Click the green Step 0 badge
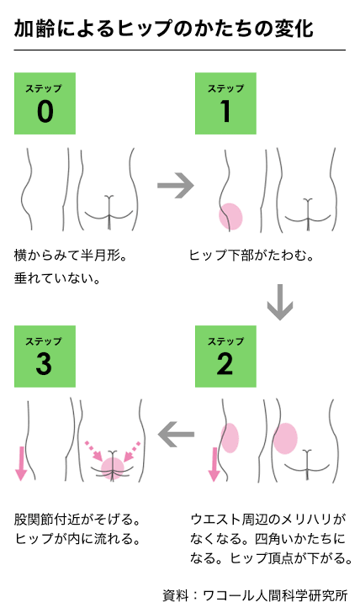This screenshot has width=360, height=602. [45, 103]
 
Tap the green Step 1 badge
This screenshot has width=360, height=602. [225, 103]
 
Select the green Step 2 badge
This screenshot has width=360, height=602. [225, 356]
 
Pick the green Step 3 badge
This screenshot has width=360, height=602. [45, 356]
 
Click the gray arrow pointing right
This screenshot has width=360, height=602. [176, 186]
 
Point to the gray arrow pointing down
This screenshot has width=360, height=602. [280, 302]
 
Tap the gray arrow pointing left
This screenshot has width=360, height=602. [176, 434]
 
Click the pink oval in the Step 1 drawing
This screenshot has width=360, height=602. [230, 216]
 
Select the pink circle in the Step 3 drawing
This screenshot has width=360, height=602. [113, 468]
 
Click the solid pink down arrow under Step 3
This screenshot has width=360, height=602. [21, 463]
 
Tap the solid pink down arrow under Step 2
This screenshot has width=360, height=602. [214, 464]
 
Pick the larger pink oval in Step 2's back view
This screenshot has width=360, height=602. [285, 438]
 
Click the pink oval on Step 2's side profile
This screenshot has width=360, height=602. [230, 438]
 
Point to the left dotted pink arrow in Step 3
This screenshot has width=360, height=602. [94, 451]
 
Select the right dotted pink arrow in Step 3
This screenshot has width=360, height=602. [132, 451]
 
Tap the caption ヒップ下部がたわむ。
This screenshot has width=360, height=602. [251, 256]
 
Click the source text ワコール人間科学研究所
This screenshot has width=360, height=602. [275, 594]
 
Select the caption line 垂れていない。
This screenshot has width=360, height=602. [57, 278]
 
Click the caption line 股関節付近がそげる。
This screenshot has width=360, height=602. [77, 519]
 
